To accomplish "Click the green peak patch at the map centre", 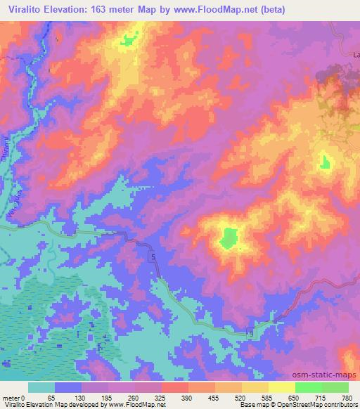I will (227, 238).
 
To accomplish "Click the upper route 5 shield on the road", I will (153, 259).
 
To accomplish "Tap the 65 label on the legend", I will (51, 397).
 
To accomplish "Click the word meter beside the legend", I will (12, 397).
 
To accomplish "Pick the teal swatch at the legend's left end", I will (41, 387).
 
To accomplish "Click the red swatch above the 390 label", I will (174, 387).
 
